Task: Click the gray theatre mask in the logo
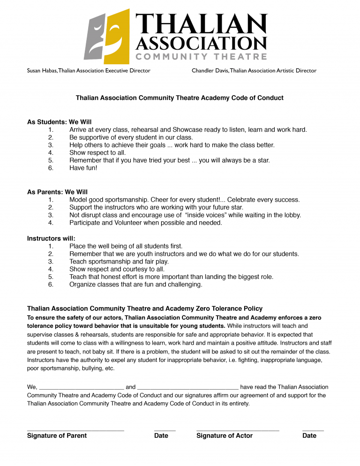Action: pyautogui.click(x=95, y=38)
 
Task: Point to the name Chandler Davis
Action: pyautogui.click(x=209, y=71)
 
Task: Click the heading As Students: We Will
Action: pyautogui.click(x=60, y=122)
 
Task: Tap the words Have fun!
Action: pyautogui.click(x=83, y=168)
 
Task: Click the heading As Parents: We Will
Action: pyautogui.click(x=57, y=192)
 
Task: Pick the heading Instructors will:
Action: pyautogui.click(x=51, y=239)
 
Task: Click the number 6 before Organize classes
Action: pyautogui.click(x=51, y=285)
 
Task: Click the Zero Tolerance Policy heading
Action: pyautogui.click(x=145, y=308)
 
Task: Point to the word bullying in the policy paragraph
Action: pyautogui.click(x=91, y=368)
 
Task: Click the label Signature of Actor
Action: pyautogui.click(x=225, y=436)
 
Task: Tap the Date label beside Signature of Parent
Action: pyautogui.click(x=161, y=436)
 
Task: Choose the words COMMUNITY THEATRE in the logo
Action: pyautogui.click(x=201, y=57)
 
